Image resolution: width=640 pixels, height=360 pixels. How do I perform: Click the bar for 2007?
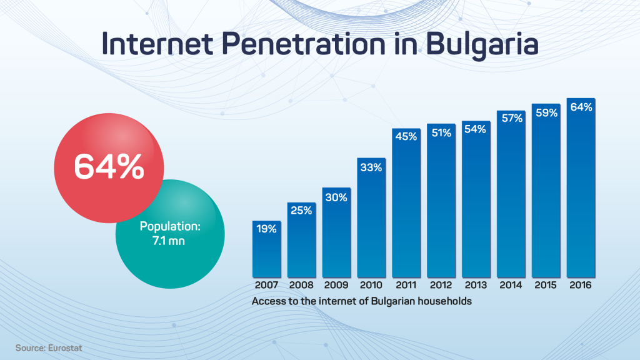pyautogui.click(x=266, y=249)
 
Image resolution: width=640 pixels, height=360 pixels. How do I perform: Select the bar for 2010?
pyautogui.click(x=371, y=217)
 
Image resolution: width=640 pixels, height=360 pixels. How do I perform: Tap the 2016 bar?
pyautogui.click(x=581, y=187)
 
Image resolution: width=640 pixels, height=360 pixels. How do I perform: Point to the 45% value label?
pyautogui.click(x=406, y=136)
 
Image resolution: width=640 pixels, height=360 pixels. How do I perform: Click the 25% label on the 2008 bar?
pyautogui.click(x=301, y=210)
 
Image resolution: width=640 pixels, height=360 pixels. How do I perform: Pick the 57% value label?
pyautogui.click(x=512, y=118)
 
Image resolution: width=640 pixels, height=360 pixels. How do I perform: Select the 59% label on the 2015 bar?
pyautogui.click(x=546, y=112)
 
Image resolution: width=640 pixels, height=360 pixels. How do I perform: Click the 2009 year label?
pyautogui.click(x=336, y=285)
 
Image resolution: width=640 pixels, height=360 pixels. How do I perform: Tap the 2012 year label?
pyautogui.click(x=441, y=285)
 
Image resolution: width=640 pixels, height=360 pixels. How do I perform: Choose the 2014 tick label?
pyautogui.click(x=511, y=285)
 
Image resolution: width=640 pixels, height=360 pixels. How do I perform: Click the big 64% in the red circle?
pyautogui.click(x=109, y=166)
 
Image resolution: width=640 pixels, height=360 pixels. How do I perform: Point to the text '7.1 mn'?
pyautogui.click(x=169, y=241)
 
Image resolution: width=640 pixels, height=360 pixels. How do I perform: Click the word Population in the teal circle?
pyautogui.click(x=169, y=226)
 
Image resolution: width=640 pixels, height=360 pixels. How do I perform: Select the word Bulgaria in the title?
pyautogui.click(x=482, y=44)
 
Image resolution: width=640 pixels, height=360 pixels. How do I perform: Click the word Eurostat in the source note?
pyautogui.click(x=65, y=348)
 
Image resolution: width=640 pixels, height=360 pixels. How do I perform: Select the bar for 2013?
pyautogui.click(x=476, y=199)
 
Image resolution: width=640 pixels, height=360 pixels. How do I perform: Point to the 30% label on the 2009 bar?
pyautogui.click(x=336, y=197)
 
